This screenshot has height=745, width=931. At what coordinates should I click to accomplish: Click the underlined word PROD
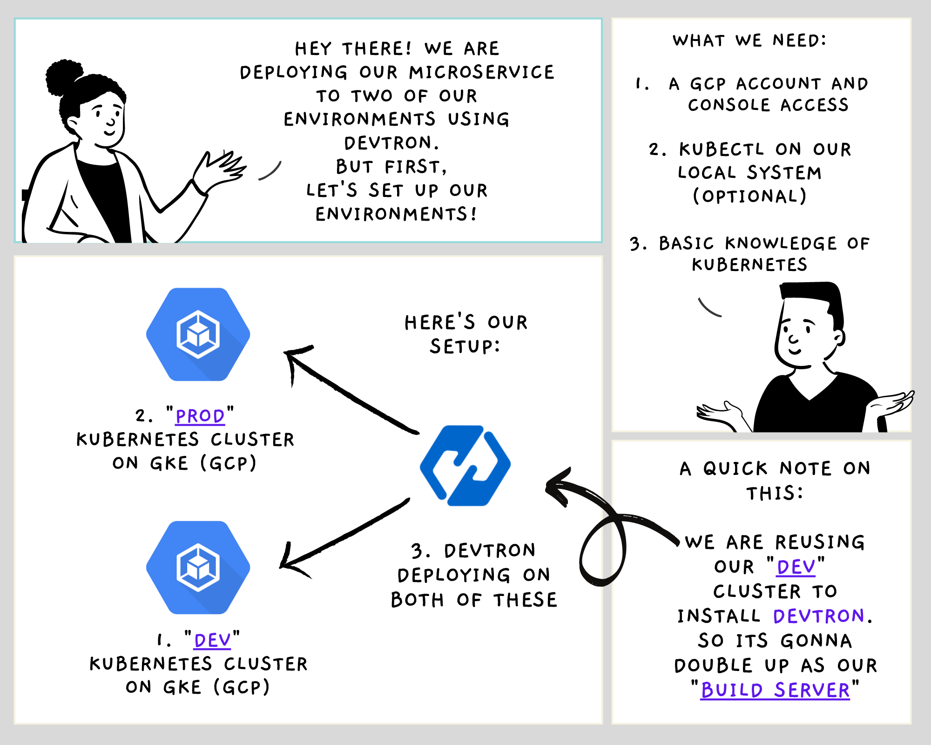pos(200,416)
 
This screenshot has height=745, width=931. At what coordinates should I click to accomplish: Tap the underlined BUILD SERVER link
pos(775,690)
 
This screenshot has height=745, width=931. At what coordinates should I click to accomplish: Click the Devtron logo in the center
pos(465,465)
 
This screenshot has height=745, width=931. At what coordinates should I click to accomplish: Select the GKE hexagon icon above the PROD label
pos(198,334)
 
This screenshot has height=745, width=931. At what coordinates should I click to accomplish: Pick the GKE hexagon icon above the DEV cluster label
pos(198,567)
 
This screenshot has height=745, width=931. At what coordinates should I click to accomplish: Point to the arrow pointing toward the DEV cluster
pos(344,535)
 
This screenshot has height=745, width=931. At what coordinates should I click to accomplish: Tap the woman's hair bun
pos(64,77)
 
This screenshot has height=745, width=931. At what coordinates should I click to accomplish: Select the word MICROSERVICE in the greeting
pos(482,72)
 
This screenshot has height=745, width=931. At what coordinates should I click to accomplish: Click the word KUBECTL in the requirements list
pos(722,149)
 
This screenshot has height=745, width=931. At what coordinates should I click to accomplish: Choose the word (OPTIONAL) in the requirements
pos(749,196)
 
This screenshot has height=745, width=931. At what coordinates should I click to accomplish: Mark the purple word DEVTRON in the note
pos(818,616)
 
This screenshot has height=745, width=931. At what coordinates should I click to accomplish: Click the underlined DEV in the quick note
pos(796,567)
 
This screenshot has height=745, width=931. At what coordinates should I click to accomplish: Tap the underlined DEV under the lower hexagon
pos(212,641)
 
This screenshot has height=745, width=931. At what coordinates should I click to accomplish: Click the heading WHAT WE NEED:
pos(749,41)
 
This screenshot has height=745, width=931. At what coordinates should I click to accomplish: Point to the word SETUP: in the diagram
pos(465,346)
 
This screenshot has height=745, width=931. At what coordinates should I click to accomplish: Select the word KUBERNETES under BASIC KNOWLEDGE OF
pos(749,265)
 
